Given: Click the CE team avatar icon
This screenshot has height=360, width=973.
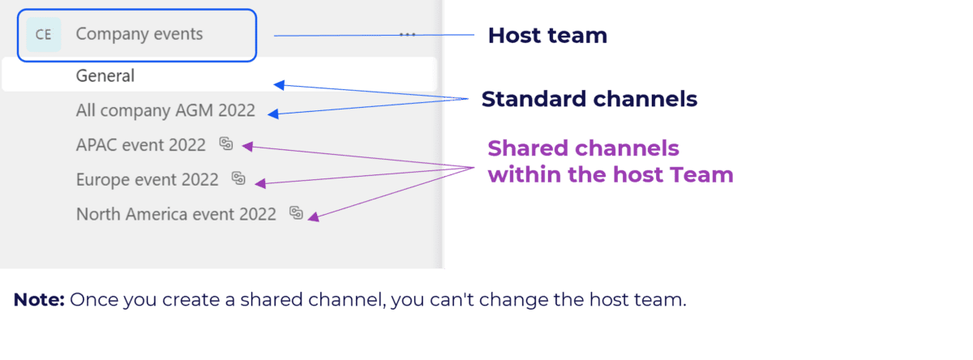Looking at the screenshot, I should tap(44, 35).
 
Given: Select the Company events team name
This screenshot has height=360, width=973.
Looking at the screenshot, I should tap(139, 34).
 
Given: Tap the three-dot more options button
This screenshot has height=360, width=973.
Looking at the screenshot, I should tap(407, 35).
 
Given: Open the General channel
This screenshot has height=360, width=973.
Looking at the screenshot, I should tap(105, 76).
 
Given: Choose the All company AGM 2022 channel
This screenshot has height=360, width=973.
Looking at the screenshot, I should tap(165, 110).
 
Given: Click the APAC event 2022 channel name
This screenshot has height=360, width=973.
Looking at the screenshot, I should tap(141, 145).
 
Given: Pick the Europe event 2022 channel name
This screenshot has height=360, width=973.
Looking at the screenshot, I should tap(147, 179).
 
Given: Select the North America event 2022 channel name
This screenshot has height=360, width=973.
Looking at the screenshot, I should tap(176, 214).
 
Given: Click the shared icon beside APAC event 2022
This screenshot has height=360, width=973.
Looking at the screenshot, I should tap(226, 144).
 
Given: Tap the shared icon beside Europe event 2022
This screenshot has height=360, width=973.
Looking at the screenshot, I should tap(238, 178).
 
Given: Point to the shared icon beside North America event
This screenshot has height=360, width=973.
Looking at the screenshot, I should tap(296, 213).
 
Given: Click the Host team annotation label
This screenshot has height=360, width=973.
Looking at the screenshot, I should tap(547, 36).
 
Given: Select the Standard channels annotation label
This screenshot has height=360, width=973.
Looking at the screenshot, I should tap(589, 100).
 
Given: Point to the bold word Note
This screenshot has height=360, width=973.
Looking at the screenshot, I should tap(38, 301).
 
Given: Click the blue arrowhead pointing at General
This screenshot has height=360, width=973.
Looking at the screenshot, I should tap(279, 84).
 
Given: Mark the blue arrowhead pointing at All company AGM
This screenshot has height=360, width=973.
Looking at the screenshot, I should tap(272, 114).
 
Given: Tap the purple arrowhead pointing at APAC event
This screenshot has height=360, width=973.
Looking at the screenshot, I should tap(247, 146).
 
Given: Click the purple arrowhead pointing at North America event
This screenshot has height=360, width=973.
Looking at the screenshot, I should tap(312, 217).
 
